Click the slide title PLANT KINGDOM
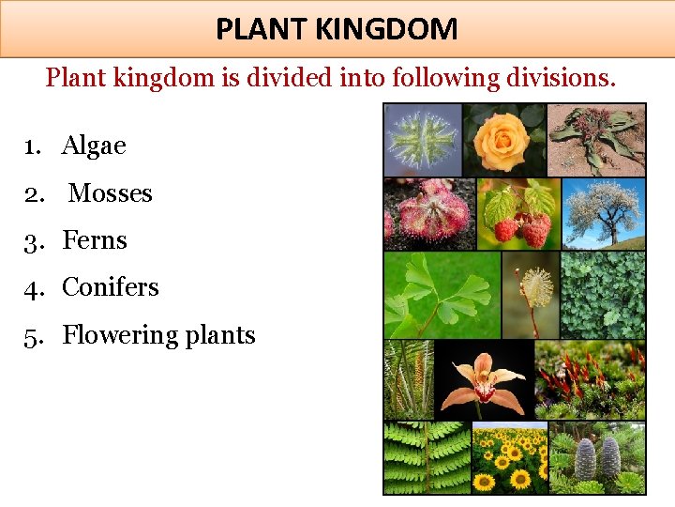pos(337,29)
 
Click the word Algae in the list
pos(94,146)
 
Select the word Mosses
pos(110,192)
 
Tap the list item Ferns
pos(94,240)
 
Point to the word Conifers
pos(110,287)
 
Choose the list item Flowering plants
pos(158,335)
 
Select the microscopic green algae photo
pos(423,139)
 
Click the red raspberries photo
pos(517,214)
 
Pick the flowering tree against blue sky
pos(603,214)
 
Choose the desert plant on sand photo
pos(596,139)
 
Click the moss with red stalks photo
pos(590,379)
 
